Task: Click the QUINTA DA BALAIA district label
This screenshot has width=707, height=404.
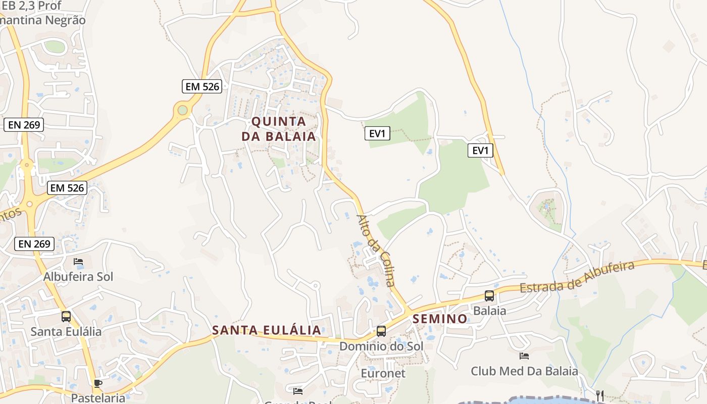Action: tap(278, 129)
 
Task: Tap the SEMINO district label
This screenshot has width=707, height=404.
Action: tap(440, 319)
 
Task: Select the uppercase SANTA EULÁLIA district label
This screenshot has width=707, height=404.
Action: tap(266, 330)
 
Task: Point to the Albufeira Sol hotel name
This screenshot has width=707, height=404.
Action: tap(78, 277)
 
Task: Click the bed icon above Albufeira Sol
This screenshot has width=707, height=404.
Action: tap(78, 262)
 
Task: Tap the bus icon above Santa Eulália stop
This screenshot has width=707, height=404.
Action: tap(66, 317)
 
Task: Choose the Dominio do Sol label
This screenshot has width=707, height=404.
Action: tap(381, 346)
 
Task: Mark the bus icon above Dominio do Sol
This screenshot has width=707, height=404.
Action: tap(381, 331)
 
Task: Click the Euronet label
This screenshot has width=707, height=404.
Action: tap(383, 373)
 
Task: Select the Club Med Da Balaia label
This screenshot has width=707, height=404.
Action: tap(524, 371)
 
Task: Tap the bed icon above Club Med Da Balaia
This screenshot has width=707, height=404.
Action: tap(524, 356)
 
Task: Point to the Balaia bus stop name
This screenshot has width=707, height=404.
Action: tap(489, 311)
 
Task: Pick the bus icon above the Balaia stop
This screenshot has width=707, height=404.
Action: tap(489, 296)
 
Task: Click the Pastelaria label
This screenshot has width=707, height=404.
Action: tap(98, 397)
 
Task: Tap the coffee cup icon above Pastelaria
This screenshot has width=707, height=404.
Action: tap(98, 383)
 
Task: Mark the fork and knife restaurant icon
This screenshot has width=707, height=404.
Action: tap(600, 395)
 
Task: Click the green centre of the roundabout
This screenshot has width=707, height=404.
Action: tap(182, 110)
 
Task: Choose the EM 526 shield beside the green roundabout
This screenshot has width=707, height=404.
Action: tap(202, 86)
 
